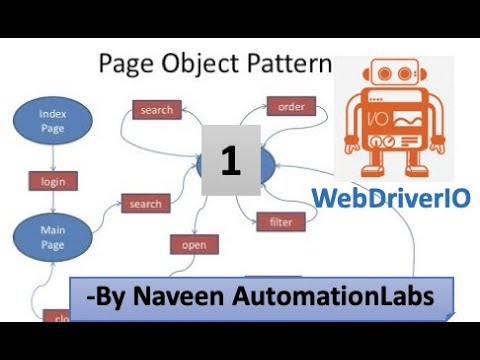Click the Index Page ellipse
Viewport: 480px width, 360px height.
[x=53, y=120]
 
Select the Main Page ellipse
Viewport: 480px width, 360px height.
[x=53, y=237]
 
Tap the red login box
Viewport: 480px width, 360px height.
[x=52, y=181]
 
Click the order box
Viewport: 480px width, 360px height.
[x=291, y=105]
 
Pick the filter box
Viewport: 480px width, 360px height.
[x=280, y=221]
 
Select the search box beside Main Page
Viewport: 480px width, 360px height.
[x=145, y=204]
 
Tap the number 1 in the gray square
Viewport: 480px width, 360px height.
[x=231, y=161]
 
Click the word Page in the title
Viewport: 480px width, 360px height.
[x=124, y=65]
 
